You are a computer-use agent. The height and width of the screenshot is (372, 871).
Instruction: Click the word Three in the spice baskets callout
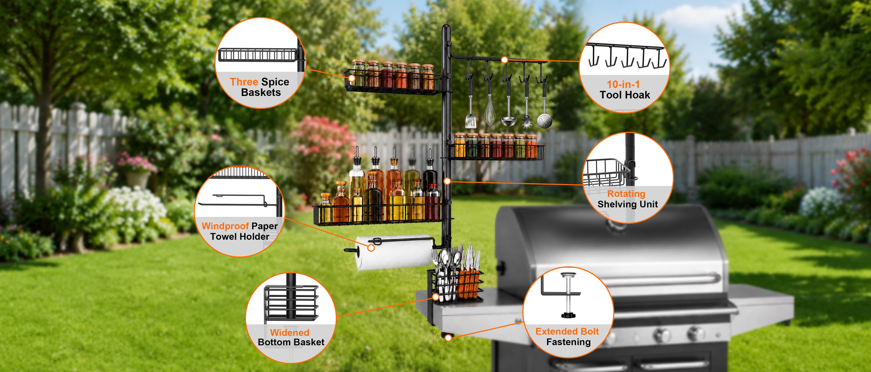click(x=244, y=82)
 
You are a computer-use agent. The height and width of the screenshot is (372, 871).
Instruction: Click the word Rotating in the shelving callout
click(x=626, y=194)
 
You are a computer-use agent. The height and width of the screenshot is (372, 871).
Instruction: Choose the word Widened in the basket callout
click(x=290, y=333)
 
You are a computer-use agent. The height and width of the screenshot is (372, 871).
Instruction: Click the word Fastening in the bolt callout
click(x=568, y=342)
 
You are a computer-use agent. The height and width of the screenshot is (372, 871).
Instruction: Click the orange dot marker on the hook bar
click(x=504, y=60)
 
